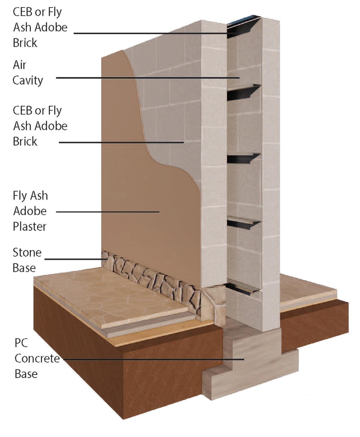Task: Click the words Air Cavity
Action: pos(28,73)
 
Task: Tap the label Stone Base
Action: pos(27,260)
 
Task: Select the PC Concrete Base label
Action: pos(37,358)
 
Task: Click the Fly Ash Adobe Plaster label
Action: pos(30,211)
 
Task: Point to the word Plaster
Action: pos(29,227)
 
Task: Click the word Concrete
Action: pos(37,358)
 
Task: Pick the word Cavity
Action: pos(28,80)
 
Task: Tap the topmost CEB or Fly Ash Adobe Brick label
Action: pos(40,27)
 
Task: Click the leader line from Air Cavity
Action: pos(143,78)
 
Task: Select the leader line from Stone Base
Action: pos(74,259)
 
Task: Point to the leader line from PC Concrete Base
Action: pos(152,359)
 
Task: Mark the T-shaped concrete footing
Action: pos(252,367)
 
